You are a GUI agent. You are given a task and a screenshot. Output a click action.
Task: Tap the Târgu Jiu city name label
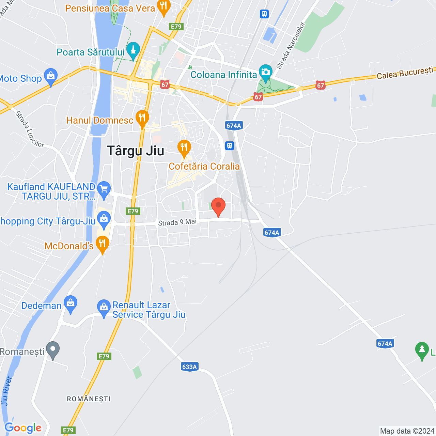coord(136,151)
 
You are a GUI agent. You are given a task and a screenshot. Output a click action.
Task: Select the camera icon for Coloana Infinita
coord(265,72)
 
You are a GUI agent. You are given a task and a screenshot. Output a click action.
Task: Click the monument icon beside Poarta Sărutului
coord(133,50)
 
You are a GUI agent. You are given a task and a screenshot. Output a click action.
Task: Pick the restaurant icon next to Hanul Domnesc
coord(142,118)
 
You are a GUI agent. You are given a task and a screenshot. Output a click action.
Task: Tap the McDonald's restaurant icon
coord(102,244)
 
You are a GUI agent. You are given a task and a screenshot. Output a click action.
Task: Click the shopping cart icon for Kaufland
coord(104,189)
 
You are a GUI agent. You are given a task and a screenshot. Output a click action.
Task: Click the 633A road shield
coord(189,367)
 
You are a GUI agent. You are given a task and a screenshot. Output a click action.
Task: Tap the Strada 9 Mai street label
coord(177,222)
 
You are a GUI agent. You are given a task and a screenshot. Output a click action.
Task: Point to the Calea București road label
coord(405,73)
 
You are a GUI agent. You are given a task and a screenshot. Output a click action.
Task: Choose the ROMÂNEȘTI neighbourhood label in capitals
coord(89,399)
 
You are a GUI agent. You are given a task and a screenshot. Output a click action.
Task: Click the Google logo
coord(23,428)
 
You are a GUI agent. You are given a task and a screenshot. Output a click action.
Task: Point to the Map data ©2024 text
coord(407,431)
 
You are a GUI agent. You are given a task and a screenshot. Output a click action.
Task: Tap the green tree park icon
coord(422,350)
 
